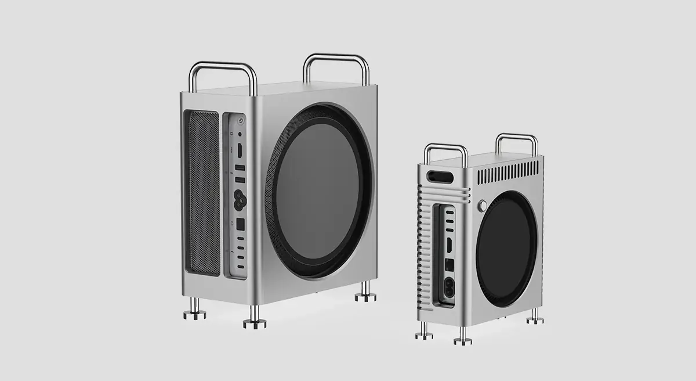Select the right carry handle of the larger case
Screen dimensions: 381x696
tap(336, 67)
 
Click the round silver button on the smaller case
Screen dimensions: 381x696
tap(481, 206)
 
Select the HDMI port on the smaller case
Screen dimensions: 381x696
tap(448, 243)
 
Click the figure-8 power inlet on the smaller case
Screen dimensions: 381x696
tap(448, 286)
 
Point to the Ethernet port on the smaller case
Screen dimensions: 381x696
tap(448, 263)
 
